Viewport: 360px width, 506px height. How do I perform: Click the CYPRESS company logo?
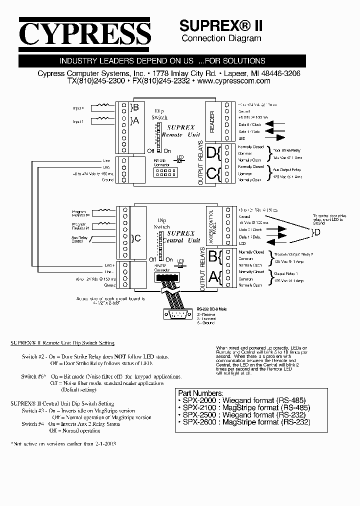pyautogui.click(x=84, y=33)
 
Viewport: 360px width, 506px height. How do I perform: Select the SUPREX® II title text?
pyautogui.click(x=220, y=25)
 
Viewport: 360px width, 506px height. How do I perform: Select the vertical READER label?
pyautogui.click(x=212, y=121)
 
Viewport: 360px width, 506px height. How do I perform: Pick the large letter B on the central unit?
pyautogui.click(x=212, y=257)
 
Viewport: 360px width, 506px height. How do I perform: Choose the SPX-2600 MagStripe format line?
pyautogui.click(x=243, y=422)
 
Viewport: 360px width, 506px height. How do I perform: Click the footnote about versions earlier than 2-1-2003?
pyautogui.click(x=63, y=443)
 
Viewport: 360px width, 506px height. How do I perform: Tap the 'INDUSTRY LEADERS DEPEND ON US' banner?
pyautogui.click(x=162, y=61)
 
